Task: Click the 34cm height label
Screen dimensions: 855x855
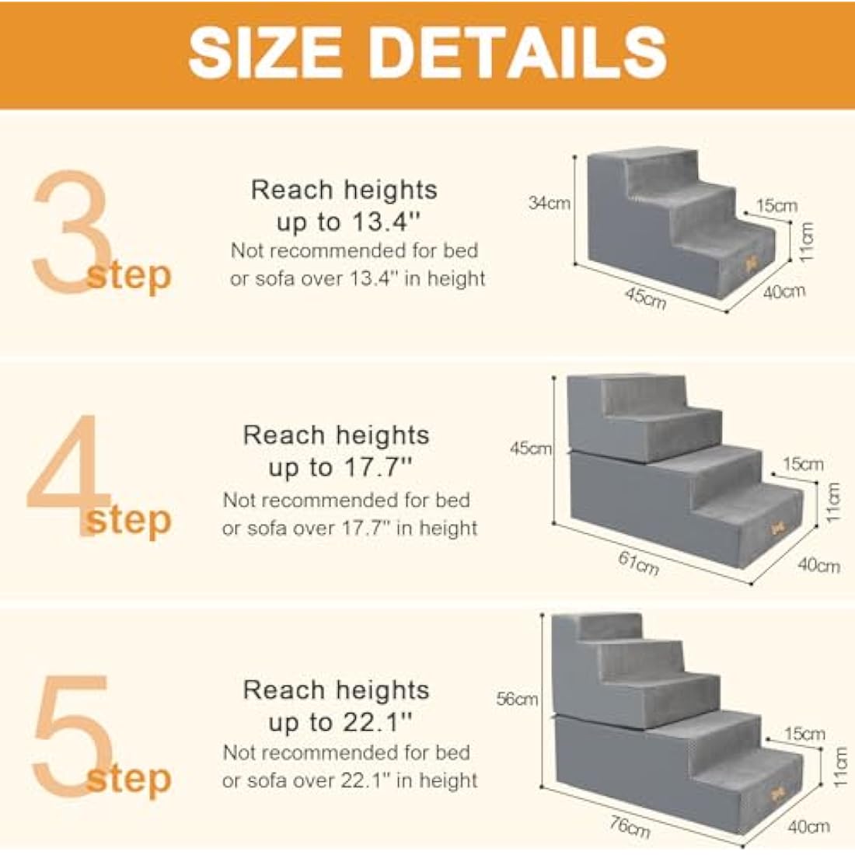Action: (x=549, y=204)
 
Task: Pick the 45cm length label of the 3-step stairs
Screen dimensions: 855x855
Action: (x=645, y=297)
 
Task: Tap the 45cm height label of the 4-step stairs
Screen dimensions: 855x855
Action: (x=531, y=448)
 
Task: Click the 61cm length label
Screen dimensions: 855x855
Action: (x=638, y=563)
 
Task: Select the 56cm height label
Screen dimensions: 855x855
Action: (x=517, y=699)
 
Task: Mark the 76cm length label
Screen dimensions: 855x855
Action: (x=629, y=827)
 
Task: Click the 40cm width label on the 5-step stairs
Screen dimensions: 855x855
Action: (x=808, y=827)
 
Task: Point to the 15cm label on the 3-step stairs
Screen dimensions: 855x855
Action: (x=776, y=206)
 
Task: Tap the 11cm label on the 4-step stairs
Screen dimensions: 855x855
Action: (x=833, y=502)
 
